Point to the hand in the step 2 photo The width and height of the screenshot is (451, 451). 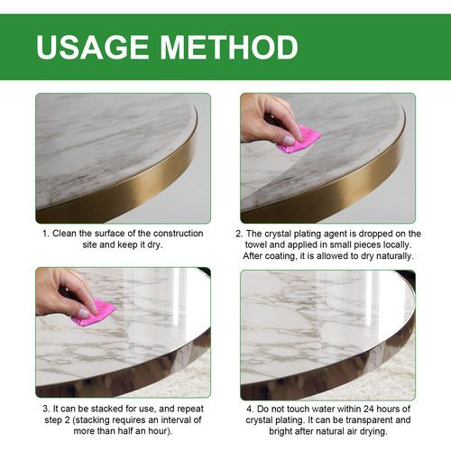coord(269,117)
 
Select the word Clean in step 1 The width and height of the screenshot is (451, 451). coord(68,234)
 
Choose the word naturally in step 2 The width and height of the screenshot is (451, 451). coord(391,256)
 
